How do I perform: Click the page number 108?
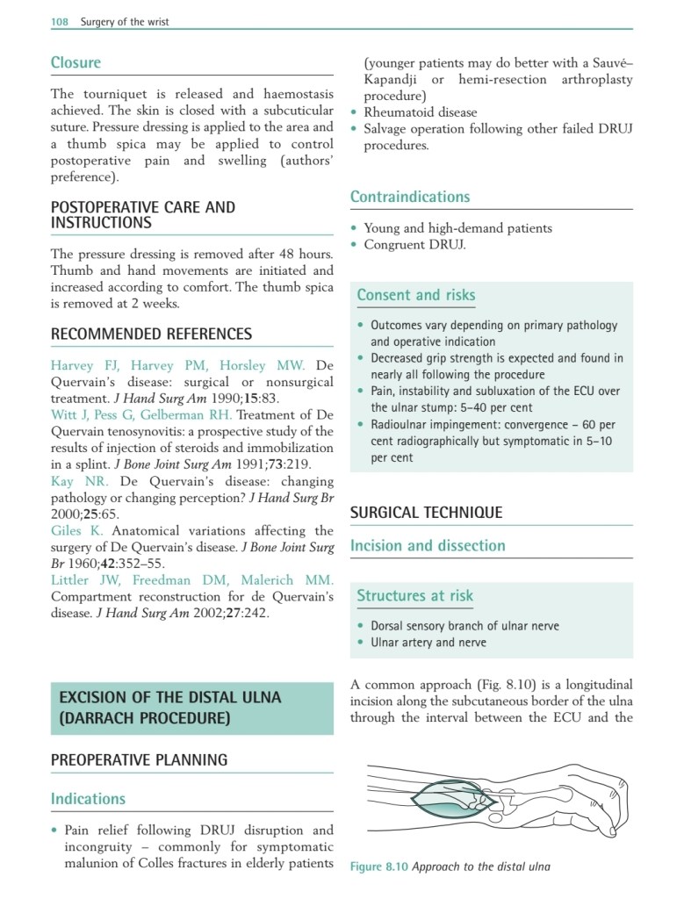pyautogui.click(x=61, y=22)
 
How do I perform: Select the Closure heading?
pyautogui.click(x=76, y=63)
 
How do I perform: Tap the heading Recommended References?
pyautogui.click(x=151, y=334)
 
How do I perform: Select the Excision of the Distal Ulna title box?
pyautogui.click(x=191, y=708)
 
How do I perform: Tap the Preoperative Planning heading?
pyautogui.click(x=139, y=759)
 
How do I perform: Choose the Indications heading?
pyautogui.click(x=88, y=799)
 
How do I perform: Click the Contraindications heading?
pyautogui.click(x=410, y=197)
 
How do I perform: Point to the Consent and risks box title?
pyautogui.click(x=415, y=296)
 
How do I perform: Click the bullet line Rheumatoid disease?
pyautogui.click(x=421, y=112)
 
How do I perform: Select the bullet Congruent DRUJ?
pyautogui.click(x=414, y=245)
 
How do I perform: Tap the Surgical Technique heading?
pyautogui.click(x=426, y=513)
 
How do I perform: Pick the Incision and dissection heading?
pyautogui.click(x=428, y=546)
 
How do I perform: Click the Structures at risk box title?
pyautogui.click(x=414, y=596)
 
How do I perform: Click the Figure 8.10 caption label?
pyautogui.click(x=378, y=867)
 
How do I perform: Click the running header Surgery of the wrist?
pyautogui.click(x=125, y=22)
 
